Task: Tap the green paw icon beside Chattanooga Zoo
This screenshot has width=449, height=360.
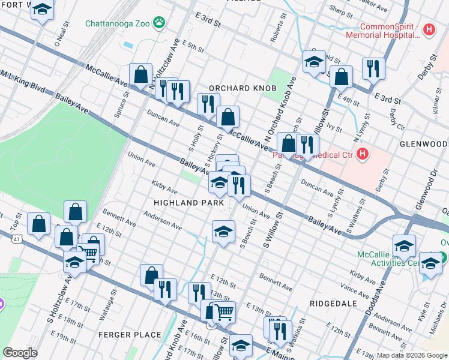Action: click(x=159, y=23)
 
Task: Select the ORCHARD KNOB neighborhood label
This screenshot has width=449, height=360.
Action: click(x=242, y=88)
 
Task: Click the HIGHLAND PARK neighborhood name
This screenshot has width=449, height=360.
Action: click(x=184, y=203)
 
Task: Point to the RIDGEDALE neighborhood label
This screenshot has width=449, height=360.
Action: click(x=333, y=304)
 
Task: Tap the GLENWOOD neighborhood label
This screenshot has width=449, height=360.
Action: click(x=423, y=145)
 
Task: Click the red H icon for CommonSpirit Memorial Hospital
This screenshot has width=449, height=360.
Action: click(x=429, y=29)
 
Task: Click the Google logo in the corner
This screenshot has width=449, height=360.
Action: click(x=20, y=352)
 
